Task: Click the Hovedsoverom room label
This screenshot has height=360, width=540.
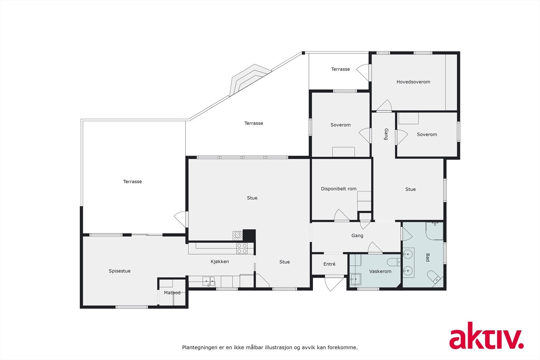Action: [x=413, y=82]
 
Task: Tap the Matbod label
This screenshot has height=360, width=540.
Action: [x=172, y=293]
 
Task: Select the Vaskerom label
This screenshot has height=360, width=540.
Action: [x=380, y=271]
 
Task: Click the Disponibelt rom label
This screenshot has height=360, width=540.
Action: [x=339, y=189]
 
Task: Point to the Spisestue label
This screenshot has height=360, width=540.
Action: [x=119, y=271]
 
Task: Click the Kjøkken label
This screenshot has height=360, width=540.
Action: [x=220, y=261]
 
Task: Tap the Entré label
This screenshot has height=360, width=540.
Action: [x=329, y=264]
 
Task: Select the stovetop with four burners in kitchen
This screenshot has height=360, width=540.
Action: [x=242, y=248]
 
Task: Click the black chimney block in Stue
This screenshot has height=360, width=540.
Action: [x=249, y=235]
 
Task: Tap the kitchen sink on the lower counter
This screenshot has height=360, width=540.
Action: [x=208, y=281]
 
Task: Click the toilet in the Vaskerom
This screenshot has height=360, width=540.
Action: [x=394, y=262]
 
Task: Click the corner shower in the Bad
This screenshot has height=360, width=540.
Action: [x=435, y=231]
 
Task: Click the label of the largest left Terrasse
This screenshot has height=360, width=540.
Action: [x=132, y=182]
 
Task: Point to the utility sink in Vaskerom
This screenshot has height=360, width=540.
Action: [x=355, y=279]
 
